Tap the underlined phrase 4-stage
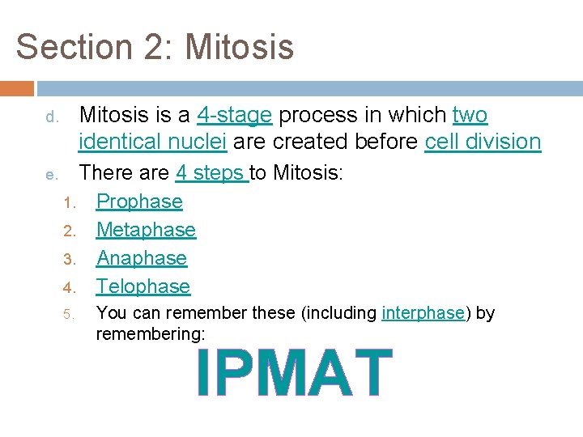[x=234, y=116]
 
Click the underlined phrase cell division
[x=483, y=142]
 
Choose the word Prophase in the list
[x=139, y=202]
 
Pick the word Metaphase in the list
[x=146, y=230]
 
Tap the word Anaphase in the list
[x=142, y=258]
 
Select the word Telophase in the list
[x=143, y=286]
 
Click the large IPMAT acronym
[x=295, y=373]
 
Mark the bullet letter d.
[x=49, y=117]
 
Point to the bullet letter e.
[x=49, y=175]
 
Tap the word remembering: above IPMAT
[x=151, y=333]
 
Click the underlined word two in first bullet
[x=470, y=116]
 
